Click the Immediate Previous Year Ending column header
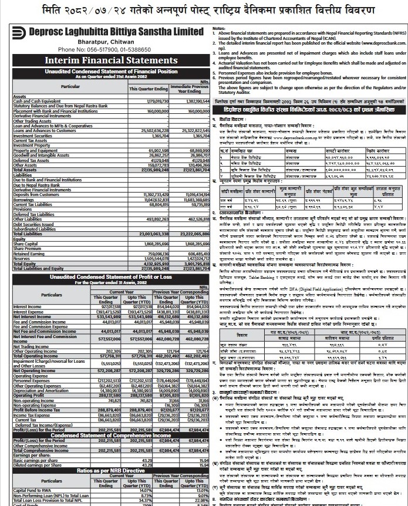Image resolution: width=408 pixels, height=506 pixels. pyautogui.click(x=190, y=89)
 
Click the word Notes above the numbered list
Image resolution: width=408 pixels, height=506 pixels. pyautogui.click(x=219, y=29)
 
